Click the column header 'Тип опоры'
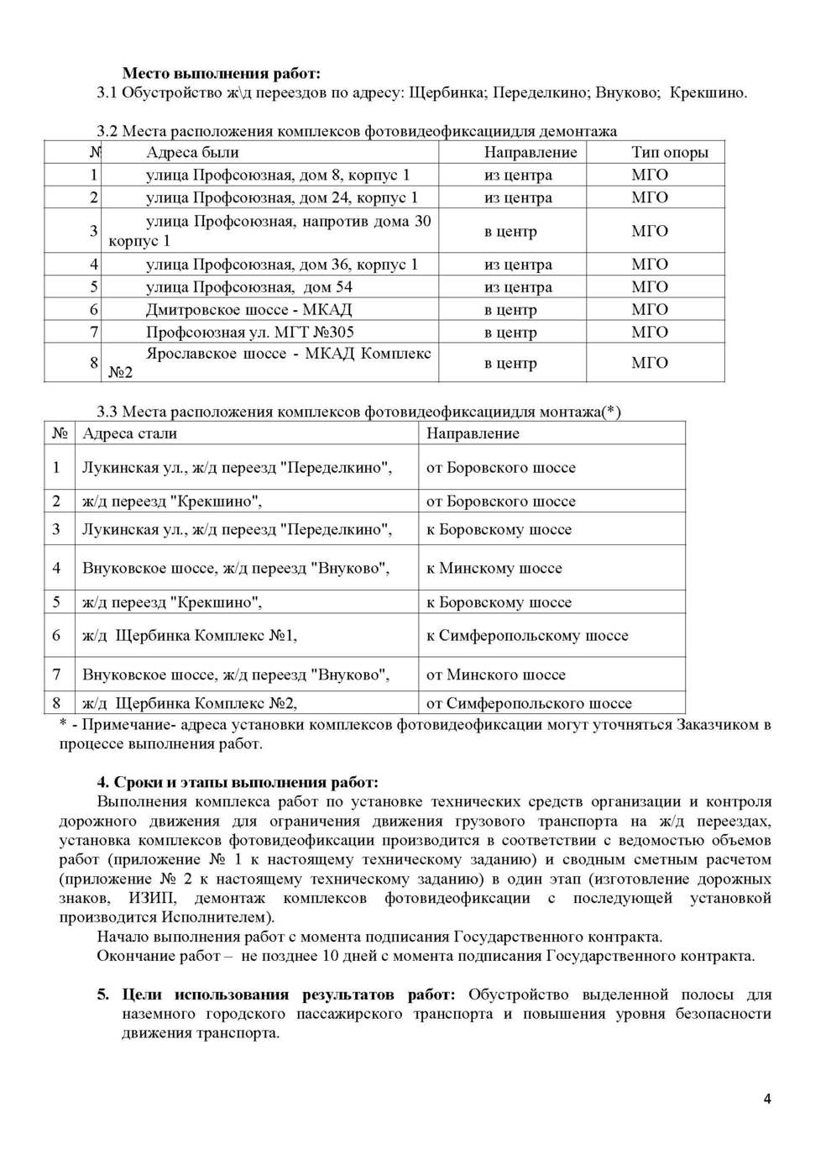coord(669,152)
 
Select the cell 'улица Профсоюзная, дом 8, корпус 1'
coord(278,175)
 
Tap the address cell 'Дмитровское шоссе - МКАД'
coord(248,309)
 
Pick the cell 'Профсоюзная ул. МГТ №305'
coord(249,332)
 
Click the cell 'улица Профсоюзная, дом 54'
coord(248,286)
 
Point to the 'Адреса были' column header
coord(192,152)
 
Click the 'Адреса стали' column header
coord(129,433)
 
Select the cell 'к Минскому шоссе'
coord(494,568)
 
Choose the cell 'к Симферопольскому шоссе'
coord(527,636)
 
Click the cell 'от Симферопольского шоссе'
coord(529,703)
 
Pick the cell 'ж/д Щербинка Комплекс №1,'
coord(189,636)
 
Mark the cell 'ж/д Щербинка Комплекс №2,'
coord(189,703)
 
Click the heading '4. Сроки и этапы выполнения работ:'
coord(238,783)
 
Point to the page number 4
coord(767,1099)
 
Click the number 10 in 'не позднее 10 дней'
coord(331,956)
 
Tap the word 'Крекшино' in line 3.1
coord(708,92)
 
